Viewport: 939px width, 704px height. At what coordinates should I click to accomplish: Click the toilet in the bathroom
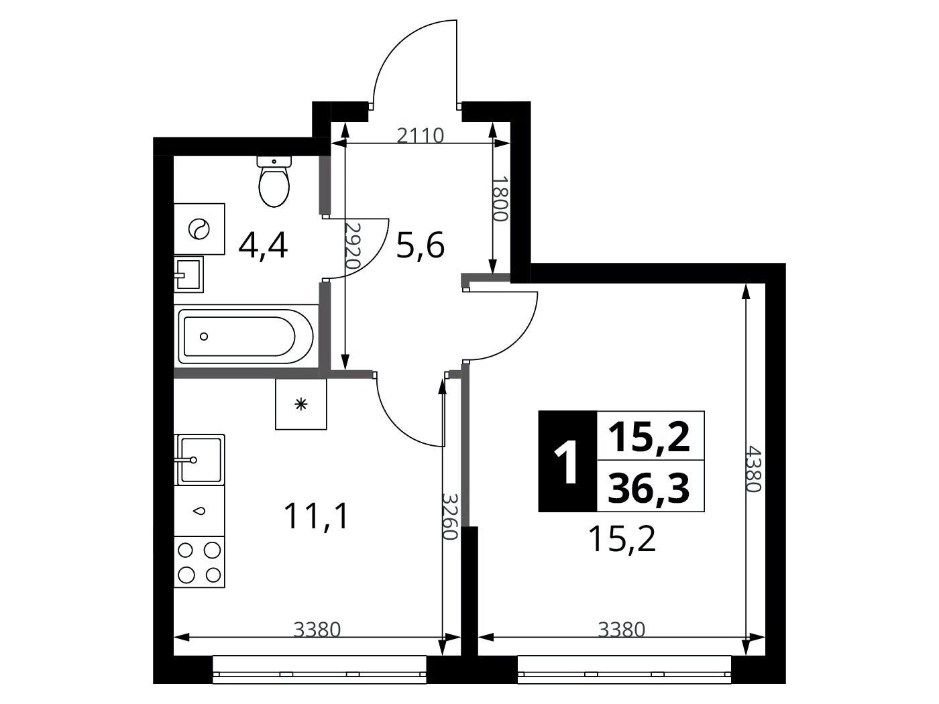coord(274,181)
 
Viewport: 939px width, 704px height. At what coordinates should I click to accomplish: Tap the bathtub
coord(246,337)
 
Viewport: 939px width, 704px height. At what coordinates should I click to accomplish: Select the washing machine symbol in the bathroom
coord(199,229)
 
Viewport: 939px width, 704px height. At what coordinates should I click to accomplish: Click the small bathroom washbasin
coord(188,274)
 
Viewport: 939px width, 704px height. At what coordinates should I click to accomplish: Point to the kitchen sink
coord(199,459)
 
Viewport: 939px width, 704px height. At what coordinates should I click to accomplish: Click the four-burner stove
coord(199,562)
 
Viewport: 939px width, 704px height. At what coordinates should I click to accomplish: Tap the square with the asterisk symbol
coord(301,404)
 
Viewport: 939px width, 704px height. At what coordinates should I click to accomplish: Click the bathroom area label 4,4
coord(263,247)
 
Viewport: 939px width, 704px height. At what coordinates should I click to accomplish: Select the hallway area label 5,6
coord(421,246)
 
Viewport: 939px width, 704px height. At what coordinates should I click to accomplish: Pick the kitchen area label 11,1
coord(316,516)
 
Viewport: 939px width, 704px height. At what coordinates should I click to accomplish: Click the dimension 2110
coord(421,136)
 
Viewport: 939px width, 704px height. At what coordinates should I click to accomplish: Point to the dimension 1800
coord(500,199)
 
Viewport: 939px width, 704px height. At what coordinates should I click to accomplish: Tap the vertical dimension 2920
coord(353,245)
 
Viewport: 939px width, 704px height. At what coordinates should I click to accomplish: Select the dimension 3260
coord(450,516)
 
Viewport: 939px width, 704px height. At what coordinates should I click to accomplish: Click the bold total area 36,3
coord(649,489)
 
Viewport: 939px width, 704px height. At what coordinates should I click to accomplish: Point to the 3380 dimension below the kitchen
coord(317,630)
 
